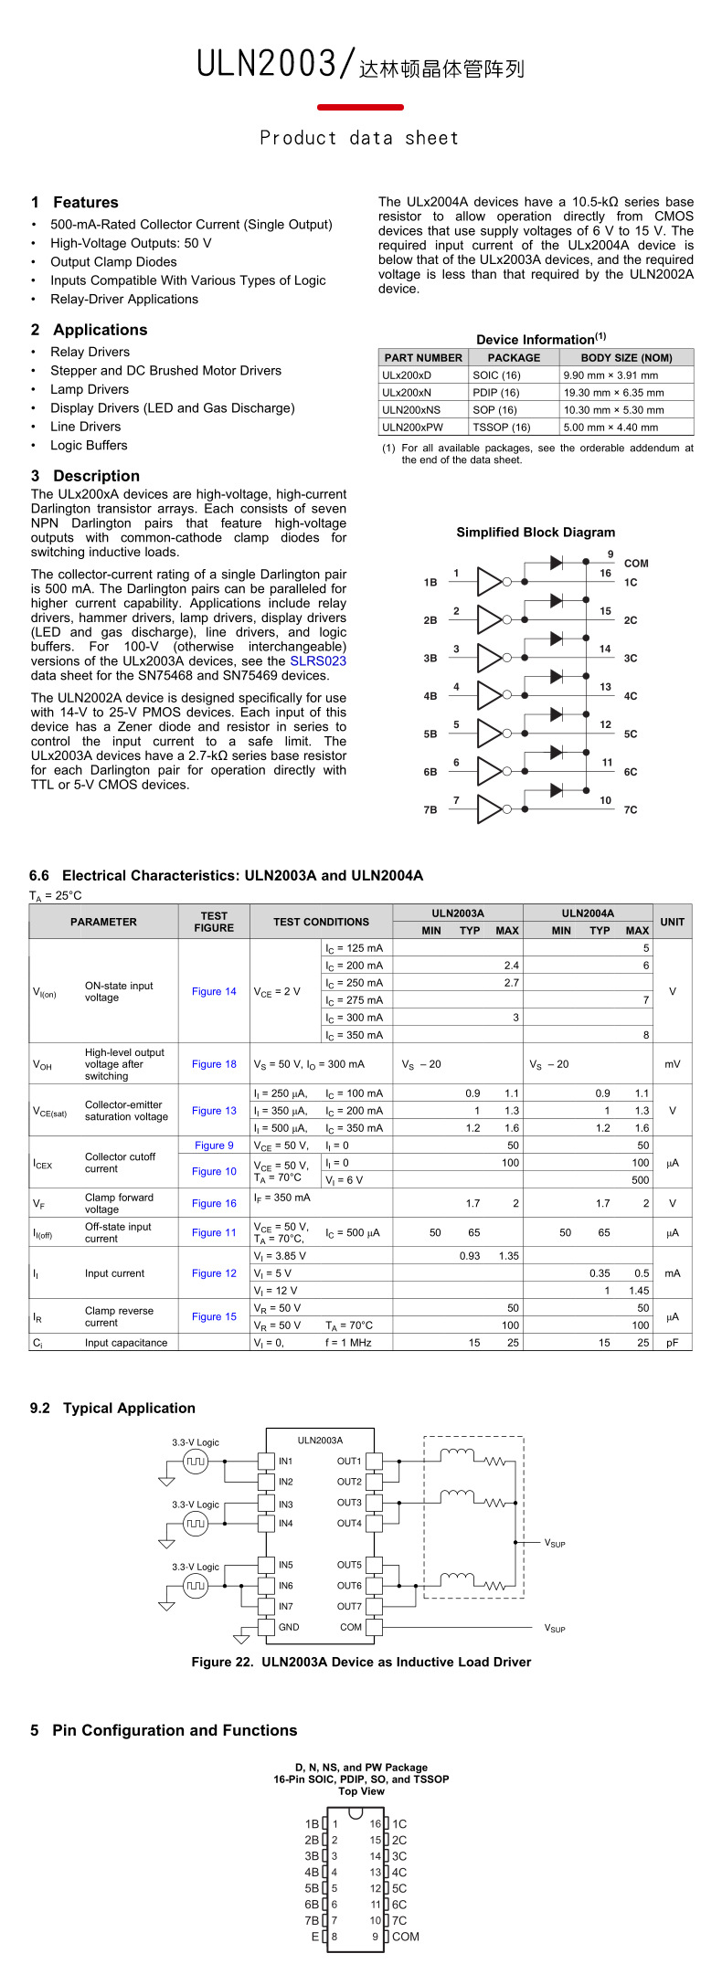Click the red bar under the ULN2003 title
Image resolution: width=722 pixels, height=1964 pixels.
(x=360, y=107)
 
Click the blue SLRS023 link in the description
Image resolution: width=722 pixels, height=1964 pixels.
(x=318, y=660)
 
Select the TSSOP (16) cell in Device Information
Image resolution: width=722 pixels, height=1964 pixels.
(x=502, y=427)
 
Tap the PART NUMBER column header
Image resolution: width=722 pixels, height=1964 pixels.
(x=423, y=358)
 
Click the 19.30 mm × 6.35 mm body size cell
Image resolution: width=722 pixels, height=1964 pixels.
(x=613, y=392)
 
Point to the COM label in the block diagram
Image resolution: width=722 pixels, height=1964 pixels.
(x=636, y=564)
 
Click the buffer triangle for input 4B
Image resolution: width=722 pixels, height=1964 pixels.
(x=490, y=695)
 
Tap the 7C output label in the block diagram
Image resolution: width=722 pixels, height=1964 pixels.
(x=631, y=810)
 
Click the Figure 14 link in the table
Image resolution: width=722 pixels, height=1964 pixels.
(x=214, y=991)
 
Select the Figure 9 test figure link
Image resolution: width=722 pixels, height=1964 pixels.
(x=214, y=1146)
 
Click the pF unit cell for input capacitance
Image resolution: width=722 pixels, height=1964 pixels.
(x=673, y=1343)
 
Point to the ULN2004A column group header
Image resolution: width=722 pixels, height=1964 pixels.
(x=588, y=913)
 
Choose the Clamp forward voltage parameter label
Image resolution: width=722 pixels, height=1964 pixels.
(x=119, y=1203)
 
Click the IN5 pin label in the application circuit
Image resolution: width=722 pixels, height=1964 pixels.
(x=286, y=1565)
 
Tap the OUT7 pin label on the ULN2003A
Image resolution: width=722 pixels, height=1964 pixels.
(x=349, y=1606)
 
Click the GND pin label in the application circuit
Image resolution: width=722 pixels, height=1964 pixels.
(x=289, y=1627)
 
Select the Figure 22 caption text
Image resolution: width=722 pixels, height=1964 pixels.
(x=361, y=1662)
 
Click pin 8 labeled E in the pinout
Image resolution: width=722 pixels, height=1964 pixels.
(x=326, y=1937)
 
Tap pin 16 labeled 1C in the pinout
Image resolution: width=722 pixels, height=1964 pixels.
(x=388, y=1824)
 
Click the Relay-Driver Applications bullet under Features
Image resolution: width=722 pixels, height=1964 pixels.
(x=124, y=299)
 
